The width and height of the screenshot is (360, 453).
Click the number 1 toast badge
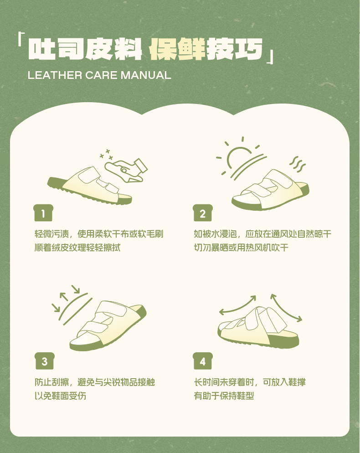pos(43,213)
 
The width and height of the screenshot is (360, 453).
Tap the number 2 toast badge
pos(203,213)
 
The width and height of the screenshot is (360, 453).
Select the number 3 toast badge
pos(45,361)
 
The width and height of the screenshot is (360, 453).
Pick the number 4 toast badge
pos(203,361)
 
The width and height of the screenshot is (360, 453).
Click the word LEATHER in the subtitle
pos(55,75)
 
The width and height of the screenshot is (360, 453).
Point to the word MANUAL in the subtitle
pos(146,75)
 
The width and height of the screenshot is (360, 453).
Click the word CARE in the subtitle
pos(101,75)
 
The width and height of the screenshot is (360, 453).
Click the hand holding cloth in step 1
pos(126,171)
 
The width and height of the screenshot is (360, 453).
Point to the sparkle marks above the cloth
pos(106,154)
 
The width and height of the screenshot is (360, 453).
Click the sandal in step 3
pos(108,325)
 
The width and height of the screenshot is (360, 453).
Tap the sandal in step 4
pos(258,328)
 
